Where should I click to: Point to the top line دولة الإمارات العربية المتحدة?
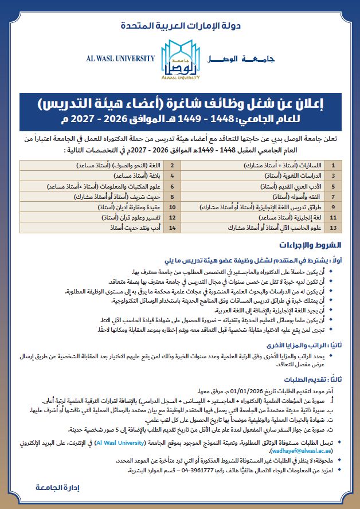click(180, 26)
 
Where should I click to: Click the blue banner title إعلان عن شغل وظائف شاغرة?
click(180, 104)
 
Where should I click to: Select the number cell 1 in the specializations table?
click(334, 165)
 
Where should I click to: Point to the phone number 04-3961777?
click(202, 470)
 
